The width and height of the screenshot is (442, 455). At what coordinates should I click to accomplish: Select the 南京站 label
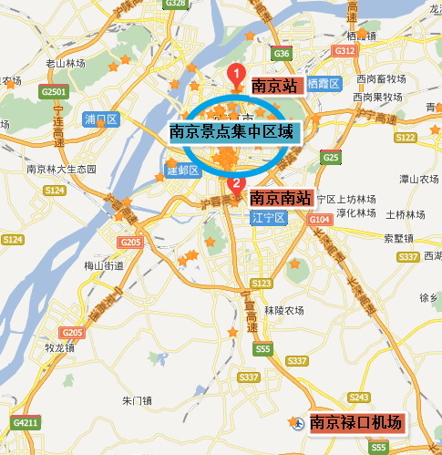[x=275, y=87]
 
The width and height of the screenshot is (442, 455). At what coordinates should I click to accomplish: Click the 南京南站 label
[x=280, y=196]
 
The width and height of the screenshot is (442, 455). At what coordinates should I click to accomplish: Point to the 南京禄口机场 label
[x=355, y=422]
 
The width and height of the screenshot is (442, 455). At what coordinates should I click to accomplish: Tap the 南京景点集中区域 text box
[x=232, y=131]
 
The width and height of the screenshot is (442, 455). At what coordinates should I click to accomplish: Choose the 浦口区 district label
[x=100, y=119]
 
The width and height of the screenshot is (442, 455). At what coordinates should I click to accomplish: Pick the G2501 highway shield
[x=55, y=92]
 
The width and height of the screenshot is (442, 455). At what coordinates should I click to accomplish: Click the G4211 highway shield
[x=26, y=423]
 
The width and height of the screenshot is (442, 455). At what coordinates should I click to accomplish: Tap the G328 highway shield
[x=177, y=5]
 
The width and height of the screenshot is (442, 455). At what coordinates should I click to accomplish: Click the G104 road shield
[x=319, y=220]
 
